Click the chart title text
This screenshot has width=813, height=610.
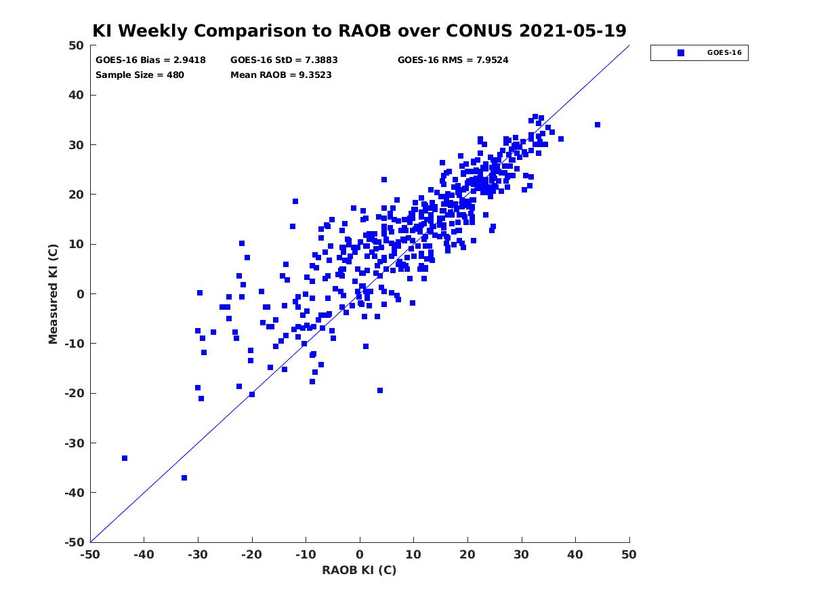pyautogui.click(x=359, y=30)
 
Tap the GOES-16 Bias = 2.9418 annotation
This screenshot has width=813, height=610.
pyautogui.click(x=150, y=60)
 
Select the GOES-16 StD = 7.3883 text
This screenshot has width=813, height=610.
pyautogui.click(x=284, y=60)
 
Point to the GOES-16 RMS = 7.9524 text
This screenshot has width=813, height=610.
pyautogui.click(x=453, y=60)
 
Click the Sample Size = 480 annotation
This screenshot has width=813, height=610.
pyautogui.click(x=140, y=75)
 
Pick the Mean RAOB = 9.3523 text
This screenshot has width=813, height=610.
pyautogui.click(x=280, y=75)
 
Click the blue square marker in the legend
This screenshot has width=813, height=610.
pyautogui.click(x=680, y=53)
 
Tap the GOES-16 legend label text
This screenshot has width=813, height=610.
pyautogui.click(x=724, y=53)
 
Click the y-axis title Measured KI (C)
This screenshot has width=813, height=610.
pyautogui.click(x=53, y=293)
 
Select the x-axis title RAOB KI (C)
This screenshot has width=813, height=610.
pyautogui.click(x=359, y=569)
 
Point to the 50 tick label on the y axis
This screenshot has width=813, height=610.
pyautogui.click(x=77, y=45)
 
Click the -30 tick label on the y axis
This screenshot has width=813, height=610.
pyautogui.click(x=74, y=443)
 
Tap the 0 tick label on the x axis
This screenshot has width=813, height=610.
pyautogui.click(x=359, y=554)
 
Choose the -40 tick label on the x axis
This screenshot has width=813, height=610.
pyautogui.click(x=144, y=554)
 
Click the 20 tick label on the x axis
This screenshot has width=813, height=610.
pyautogui.click(x=467, y=554)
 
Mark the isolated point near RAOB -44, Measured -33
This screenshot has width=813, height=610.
pyautogui.click(x=125, y=458)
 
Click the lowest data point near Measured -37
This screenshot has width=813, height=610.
pyautogui.click(x=184, y=478)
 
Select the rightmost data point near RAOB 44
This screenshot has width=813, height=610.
pyautogui.click(x=597, y=125)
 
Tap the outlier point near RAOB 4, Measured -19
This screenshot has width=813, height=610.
pyautogui.click(x=379, y=390)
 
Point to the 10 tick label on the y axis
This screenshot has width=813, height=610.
pyautogui.click(x=77, y=244)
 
